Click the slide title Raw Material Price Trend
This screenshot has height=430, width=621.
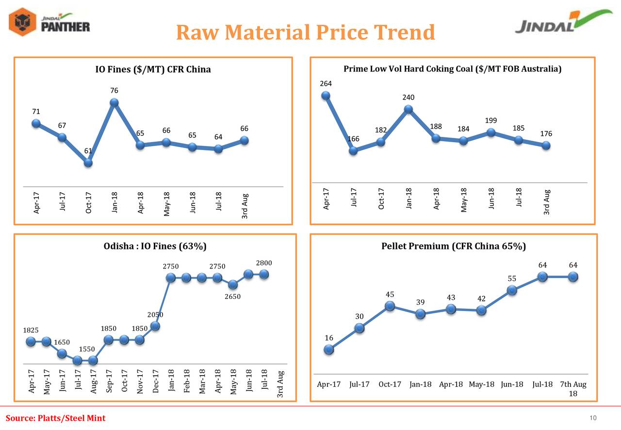305,33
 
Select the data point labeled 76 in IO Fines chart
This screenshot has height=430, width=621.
114,102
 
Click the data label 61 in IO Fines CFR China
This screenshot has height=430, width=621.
88,151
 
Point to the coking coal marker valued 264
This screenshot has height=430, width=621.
326,96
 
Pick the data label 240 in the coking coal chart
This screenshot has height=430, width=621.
409,98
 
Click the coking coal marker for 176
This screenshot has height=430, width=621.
546,145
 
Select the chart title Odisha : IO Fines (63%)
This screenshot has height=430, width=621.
155,246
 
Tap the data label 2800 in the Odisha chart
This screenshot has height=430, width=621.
264,263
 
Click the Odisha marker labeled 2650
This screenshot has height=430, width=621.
233,284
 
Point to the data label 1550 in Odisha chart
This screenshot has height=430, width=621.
87,349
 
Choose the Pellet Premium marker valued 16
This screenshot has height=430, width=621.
329,349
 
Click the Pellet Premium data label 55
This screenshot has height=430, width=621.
512,279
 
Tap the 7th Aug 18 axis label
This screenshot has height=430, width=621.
573,389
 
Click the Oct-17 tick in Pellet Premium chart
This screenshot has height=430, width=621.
390,385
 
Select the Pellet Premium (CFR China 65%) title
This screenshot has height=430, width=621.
454,246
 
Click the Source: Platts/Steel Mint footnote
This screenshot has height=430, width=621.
55,418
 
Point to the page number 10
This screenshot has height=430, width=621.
592,418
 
